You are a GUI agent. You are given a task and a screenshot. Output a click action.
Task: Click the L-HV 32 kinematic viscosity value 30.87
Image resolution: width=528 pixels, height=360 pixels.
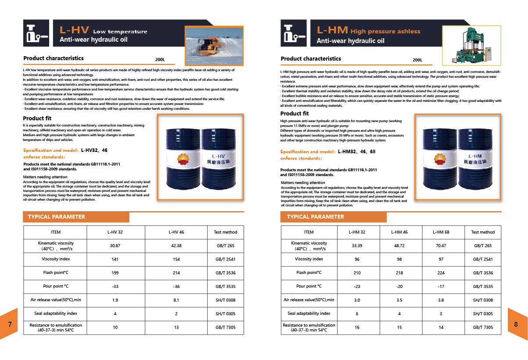pos(115,246)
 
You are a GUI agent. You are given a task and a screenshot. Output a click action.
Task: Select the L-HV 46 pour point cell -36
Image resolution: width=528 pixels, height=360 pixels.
pos(176,286)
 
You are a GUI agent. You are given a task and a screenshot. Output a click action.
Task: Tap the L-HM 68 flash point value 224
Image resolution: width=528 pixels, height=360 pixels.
pos(441,273)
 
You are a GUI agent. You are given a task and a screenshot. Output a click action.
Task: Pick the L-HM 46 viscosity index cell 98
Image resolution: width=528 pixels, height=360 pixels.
pos(399,259)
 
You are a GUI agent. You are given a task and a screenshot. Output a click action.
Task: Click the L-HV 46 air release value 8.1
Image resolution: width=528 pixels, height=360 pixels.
pos(176,300)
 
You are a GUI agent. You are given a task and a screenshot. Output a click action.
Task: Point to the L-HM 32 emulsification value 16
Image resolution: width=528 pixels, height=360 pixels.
pos(357,327)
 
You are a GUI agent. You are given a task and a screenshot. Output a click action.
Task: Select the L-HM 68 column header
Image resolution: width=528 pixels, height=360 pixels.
pos(441,232)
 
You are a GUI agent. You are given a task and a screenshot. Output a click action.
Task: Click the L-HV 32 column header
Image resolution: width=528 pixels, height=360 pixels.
pos(115,232)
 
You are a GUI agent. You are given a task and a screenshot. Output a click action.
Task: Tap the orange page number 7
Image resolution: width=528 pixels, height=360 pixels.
pos(10,324)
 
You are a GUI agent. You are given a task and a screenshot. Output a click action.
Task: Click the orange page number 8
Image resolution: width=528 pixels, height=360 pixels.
pos(516,324)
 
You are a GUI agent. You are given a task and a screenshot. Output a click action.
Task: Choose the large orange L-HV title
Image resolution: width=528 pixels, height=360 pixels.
pos(74,30)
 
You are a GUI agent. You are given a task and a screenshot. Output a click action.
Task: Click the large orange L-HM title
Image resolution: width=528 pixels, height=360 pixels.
pos(332,30)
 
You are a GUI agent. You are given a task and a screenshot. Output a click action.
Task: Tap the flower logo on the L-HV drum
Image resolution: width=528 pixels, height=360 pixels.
pos(183,158)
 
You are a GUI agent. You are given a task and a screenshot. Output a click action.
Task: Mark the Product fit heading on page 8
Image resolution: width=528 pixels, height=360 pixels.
pos(295,114)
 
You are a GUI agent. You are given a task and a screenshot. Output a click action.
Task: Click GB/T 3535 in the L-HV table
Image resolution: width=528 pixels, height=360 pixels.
pos(226,286)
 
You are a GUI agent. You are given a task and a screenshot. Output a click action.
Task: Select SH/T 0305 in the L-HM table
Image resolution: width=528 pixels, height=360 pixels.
pos(483,313)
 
